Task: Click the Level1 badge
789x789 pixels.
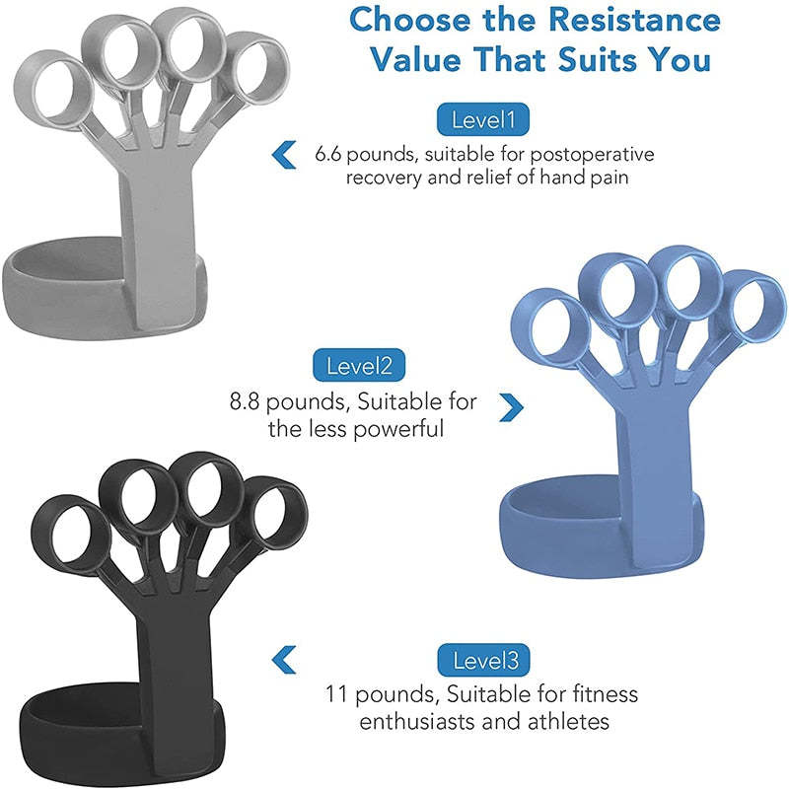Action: pos(483,121)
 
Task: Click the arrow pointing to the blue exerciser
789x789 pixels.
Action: pos(510,404)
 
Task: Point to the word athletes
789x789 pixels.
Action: pos(569,722)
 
